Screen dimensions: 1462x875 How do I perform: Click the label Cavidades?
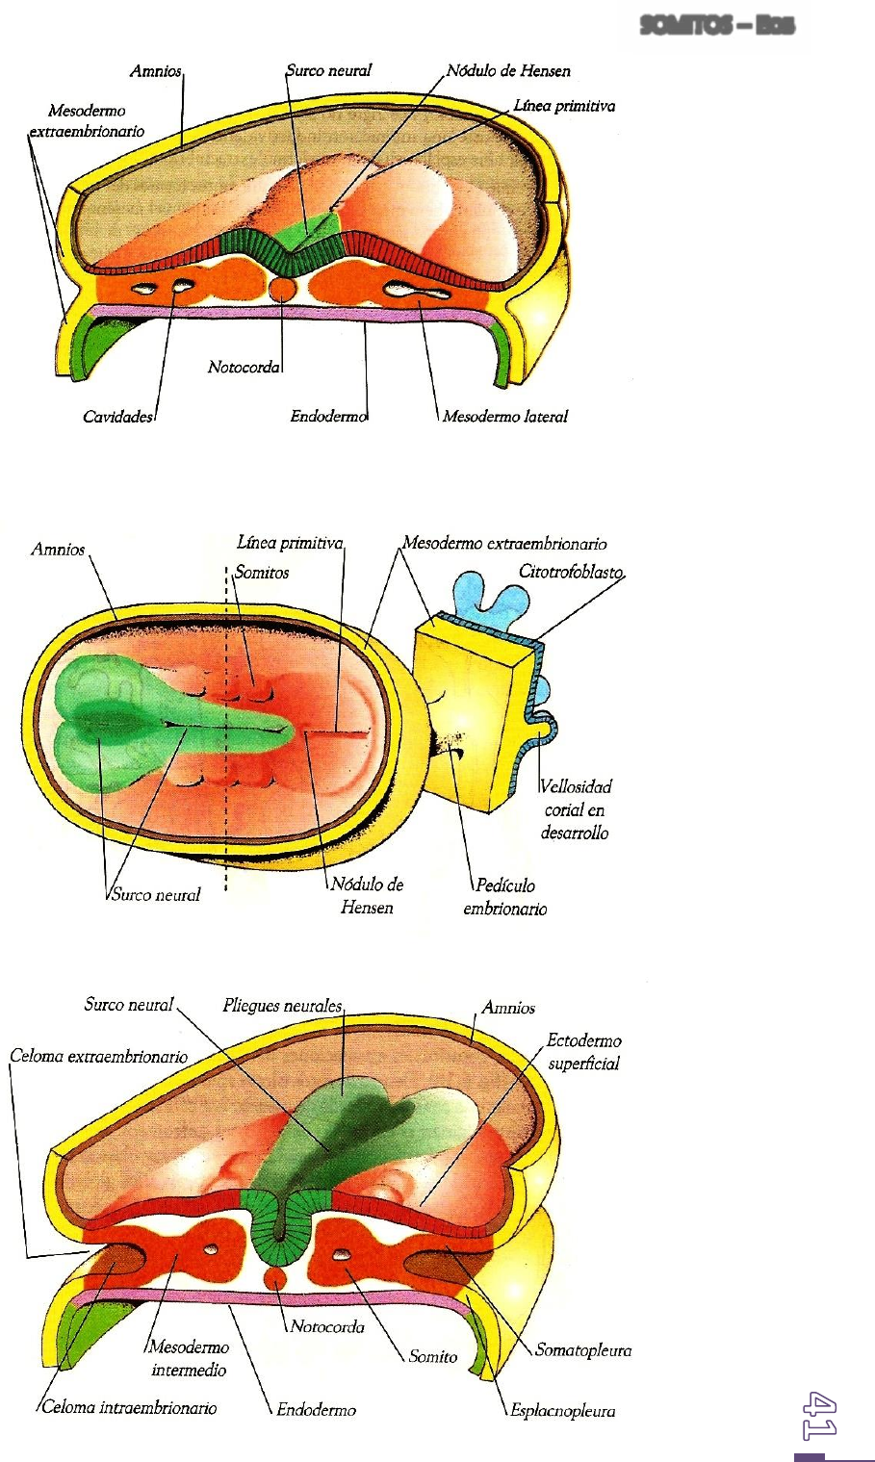(117, 417)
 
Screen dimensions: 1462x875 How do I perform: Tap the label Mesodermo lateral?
(505, 417)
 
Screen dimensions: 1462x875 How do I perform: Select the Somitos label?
(262, 572)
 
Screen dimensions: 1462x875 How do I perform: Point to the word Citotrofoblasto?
(572, 572)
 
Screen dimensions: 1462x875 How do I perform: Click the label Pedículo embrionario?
(505, 897)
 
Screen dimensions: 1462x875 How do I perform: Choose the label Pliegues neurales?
(282, 1006)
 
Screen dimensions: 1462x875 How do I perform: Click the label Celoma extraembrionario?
(98, 1056)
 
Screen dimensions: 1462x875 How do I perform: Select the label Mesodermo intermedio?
(189, 1358)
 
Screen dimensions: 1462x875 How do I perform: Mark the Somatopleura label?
(583, 1349)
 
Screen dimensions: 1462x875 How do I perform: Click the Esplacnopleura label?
(563, 1411)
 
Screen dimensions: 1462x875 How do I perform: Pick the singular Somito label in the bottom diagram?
(433, 1356)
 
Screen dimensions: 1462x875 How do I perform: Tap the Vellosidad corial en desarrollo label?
(575, 809)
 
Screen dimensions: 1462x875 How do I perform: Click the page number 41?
(821, 1415)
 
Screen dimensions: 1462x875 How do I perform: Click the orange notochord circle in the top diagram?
(282, 288)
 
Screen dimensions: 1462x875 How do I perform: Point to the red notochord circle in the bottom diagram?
(276, 1278)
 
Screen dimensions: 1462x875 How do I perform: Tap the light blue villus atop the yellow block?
(490, 593)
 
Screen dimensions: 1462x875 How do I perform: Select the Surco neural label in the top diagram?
(328, 70)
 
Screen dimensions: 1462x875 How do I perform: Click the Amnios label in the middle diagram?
(58, 550)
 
